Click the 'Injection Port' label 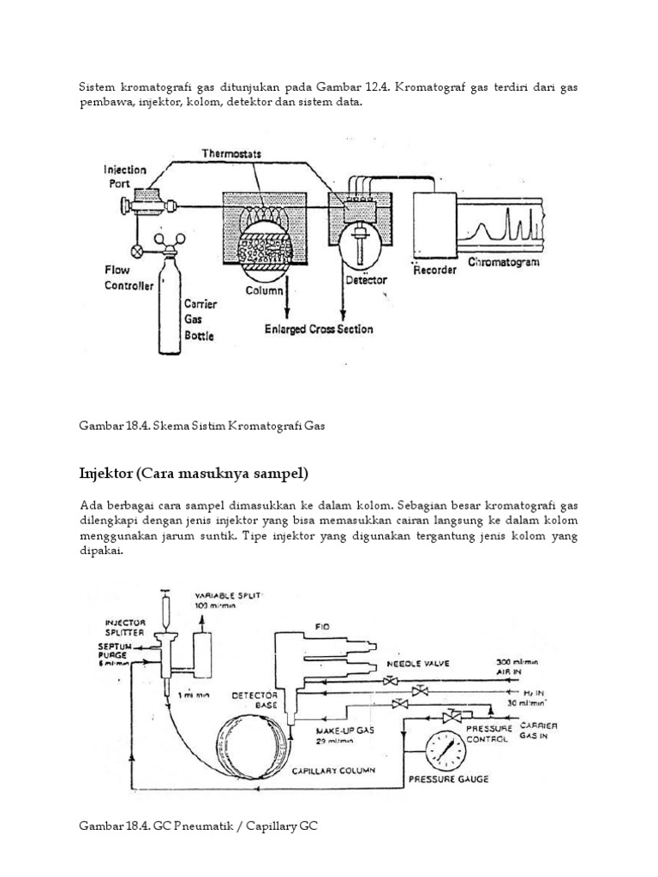coord(125,176)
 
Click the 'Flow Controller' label coord(129,277)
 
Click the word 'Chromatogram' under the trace coord(504,262)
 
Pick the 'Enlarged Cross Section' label coord(320,329)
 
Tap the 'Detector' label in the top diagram coord(366,280)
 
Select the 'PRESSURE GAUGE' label coord(448,779)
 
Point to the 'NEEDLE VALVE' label coord(416,664)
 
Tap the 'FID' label coord(323,626)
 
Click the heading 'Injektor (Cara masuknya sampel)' coord(194,473)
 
